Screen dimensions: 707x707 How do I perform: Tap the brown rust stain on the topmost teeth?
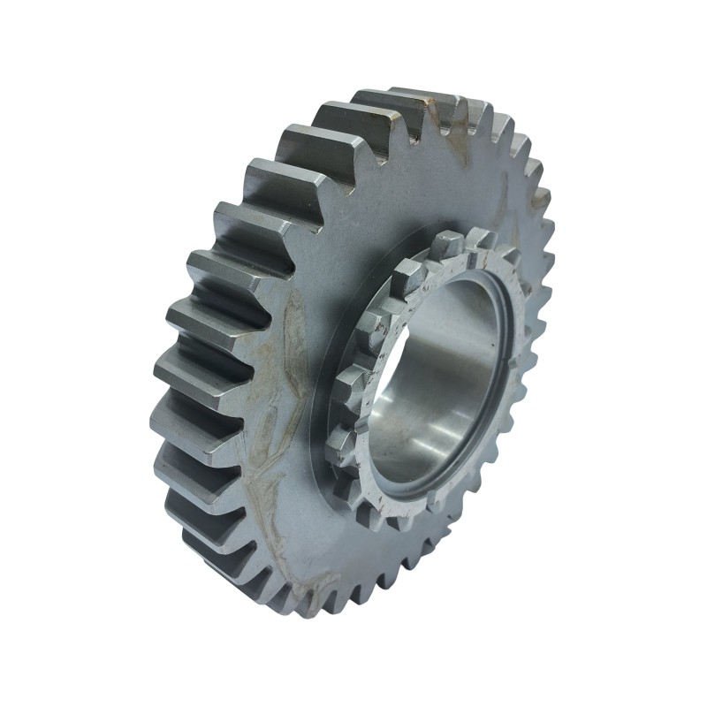[451, 119]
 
